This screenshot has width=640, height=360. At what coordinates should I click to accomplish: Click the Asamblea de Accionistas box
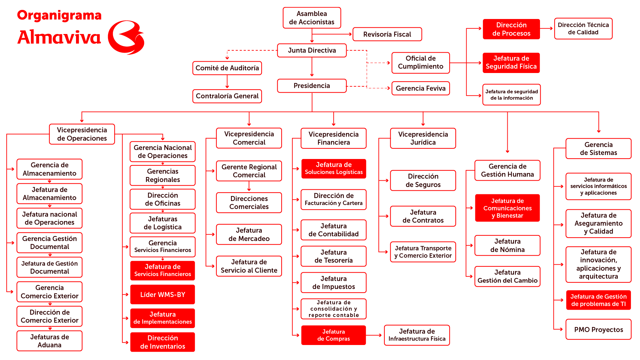(312, 18)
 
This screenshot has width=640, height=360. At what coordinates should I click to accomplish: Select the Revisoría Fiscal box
(387, 34)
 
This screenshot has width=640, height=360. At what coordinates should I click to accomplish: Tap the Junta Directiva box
(312, 50)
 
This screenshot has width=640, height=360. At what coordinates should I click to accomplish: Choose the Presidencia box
(312, 86)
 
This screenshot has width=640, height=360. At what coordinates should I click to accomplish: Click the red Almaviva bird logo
(126, 37)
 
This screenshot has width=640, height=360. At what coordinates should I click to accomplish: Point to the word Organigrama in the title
(59, 15)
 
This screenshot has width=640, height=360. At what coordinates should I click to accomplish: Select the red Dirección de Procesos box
(511, 29)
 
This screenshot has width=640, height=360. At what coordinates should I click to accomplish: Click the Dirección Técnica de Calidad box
(583, 29)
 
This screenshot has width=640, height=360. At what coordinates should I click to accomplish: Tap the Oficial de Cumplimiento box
(420, 63)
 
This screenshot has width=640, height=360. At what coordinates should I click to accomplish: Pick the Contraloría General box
(227, 96)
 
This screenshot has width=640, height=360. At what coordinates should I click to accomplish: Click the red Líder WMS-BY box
(163, 295)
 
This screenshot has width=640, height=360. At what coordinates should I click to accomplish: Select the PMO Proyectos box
(598, 330)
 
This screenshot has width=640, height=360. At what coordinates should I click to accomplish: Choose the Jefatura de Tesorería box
(333, 256)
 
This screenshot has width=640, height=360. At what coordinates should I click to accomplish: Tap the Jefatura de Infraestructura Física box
(417, 335)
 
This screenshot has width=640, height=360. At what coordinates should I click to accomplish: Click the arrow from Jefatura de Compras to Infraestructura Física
(374, 335)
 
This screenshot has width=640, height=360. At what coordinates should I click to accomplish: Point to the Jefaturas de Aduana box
(49, 341)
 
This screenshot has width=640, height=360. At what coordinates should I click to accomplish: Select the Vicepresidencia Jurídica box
(423, 138)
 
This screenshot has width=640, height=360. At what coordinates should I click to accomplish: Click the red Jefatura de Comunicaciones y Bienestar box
(507, 208)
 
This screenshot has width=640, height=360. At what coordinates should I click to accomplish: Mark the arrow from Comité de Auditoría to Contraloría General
(227, 82)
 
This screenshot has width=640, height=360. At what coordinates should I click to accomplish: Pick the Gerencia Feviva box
(420, 88)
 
